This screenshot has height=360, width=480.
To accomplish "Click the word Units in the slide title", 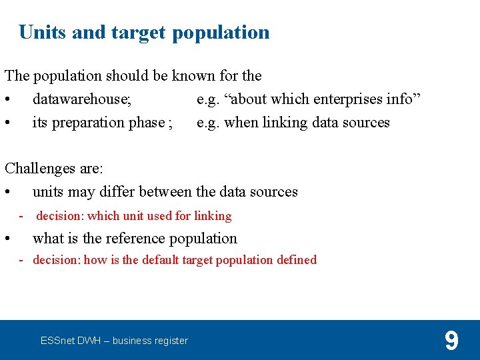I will click(43, 32).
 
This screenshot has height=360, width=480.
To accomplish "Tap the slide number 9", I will click(451, 341).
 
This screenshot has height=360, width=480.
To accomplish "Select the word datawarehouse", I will click(81, 99).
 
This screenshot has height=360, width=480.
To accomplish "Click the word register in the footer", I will click(171, 341).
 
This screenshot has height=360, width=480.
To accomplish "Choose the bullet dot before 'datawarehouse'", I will click(7, 100).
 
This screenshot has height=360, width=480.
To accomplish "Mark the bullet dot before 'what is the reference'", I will click(7, 239).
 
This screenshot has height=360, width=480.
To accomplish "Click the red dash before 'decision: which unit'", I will click(21, 215).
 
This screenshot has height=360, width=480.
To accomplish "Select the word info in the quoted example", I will click(402, 99).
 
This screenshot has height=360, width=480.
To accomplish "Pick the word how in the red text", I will click(95, 260).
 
